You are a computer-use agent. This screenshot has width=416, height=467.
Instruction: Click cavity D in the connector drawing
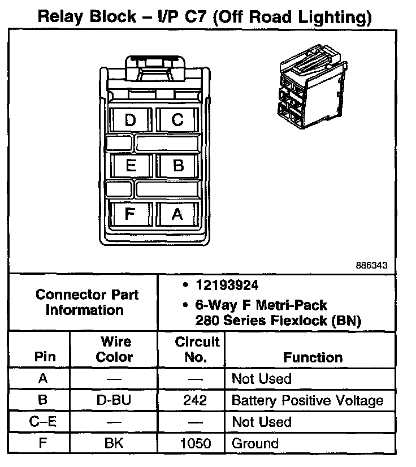(131, 120)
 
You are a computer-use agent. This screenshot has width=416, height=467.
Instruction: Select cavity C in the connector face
(177, 120)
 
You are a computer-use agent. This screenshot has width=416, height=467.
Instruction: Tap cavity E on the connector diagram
(131, 166)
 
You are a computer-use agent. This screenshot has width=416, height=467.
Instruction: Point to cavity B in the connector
(178, 166)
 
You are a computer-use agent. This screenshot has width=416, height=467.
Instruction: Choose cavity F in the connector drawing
(130, 214)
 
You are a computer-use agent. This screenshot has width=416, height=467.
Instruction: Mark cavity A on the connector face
(177, 214)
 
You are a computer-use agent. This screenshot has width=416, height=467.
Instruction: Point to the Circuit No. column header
(197, 349)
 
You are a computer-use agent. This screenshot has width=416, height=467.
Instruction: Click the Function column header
(313, 357)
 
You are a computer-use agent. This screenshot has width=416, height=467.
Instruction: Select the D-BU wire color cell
(114, 401)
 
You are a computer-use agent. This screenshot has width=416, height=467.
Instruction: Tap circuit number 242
(195, 401)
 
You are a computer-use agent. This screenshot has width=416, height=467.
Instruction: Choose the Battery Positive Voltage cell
(307, 401)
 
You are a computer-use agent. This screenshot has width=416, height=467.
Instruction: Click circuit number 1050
(195, 444)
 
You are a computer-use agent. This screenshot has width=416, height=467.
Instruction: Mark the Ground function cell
(255, 444)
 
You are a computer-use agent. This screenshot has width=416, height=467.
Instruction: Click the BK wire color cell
(114, 444)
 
